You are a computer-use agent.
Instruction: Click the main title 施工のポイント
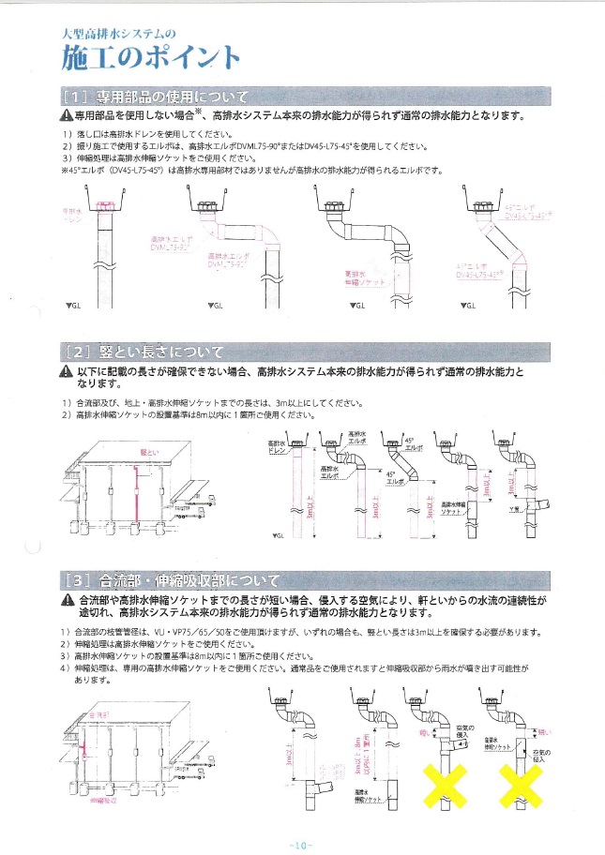click(x=150, y=57)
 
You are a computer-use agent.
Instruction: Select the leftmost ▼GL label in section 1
click(x=72, y=307)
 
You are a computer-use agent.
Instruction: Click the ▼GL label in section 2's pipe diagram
click(x=277, y=535)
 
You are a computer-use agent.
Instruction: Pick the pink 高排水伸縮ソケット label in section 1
click(x=358, y=277)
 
